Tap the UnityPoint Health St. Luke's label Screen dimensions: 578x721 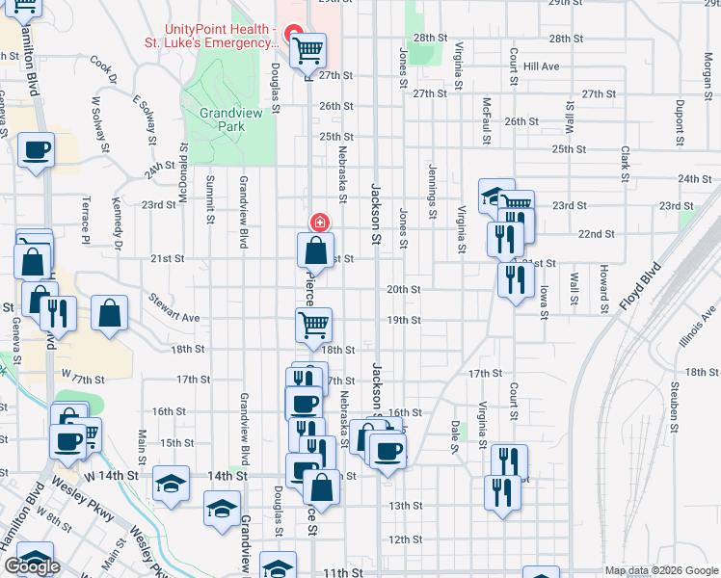223,37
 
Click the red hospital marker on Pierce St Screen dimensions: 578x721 319,223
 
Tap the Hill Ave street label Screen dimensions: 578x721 543,66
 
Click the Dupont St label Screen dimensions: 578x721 681,117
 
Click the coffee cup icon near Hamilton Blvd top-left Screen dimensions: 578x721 36,150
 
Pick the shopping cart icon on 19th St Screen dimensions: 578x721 313,325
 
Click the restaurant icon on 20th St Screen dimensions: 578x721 516,278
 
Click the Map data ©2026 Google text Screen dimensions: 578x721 661,571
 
